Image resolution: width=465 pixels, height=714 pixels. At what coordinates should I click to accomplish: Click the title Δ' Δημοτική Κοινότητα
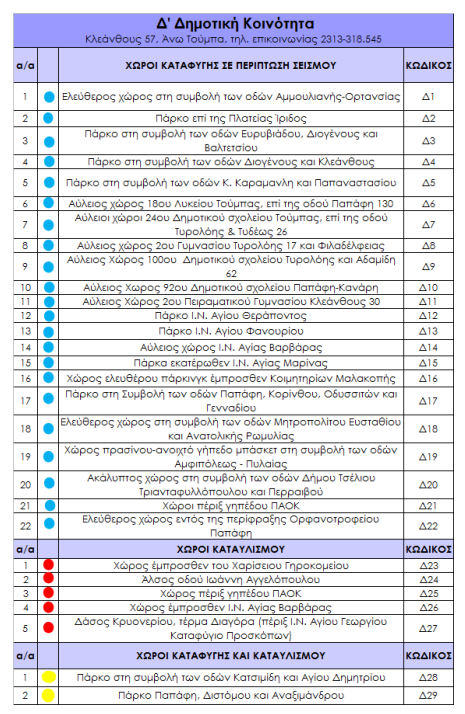click(235, 24)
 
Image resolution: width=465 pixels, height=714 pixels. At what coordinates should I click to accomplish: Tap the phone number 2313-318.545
click(351, 39)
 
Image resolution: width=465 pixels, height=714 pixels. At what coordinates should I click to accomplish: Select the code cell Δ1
click(428, 97)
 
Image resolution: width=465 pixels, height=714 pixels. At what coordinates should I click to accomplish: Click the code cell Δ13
click(428, 331)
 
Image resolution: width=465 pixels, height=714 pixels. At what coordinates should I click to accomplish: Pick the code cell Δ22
click(428, 526)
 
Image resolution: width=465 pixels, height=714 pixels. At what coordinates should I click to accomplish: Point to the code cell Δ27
click(428, 628)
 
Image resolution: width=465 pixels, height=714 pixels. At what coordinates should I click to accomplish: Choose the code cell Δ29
click(428, 695)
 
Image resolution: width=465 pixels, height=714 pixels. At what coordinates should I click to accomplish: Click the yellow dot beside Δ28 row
click(49, 677)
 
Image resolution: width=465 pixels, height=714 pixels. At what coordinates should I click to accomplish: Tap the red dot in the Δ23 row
click(49, 565)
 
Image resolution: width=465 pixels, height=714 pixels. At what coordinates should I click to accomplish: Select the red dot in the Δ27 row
click(49, 628)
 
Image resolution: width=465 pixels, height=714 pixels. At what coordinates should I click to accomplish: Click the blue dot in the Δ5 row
click(49, 183)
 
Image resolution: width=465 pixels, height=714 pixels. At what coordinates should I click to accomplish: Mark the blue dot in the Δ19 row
click(49, 457)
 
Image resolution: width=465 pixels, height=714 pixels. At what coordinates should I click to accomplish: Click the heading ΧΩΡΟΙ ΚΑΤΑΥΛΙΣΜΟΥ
click(230, 550)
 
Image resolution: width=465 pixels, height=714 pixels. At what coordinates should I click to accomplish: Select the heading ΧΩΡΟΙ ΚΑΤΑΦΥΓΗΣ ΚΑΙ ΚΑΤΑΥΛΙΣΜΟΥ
click(230, 656)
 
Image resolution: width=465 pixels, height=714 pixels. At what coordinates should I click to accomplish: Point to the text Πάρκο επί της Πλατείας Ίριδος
click(231, 119)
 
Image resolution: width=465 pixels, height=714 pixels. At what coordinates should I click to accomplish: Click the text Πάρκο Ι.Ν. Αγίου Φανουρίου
click(231, 331)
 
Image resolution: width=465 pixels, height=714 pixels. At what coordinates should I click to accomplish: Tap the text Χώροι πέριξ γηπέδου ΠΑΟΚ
click(231, 506)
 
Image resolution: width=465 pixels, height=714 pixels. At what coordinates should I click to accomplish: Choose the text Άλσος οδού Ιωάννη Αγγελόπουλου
click(231, 580)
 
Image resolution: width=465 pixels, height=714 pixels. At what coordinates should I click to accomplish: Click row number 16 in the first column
click(26, 378)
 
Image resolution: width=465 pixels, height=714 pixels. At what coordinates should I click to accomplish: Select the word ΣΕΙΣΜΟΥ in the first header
click(314, 66)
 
